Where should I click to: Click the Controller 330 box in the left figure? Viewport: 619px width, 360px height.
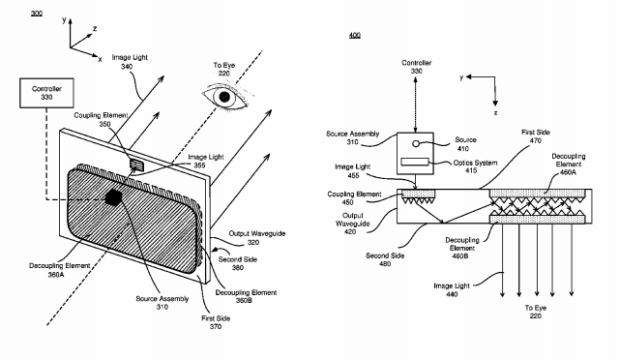point(46,93)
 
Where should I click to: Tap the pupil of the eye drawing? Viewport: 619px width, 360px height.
point(224,97)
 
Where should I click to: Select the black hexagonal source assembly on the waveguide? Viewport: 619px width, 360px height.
point(114,196)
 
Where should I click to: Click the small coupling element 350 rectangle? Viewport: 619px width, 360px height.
point(136,164)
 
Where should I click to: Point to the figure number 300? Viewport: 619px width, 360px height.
point(37,14)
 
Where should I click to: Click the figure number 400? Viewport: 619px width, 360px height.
point(355,35)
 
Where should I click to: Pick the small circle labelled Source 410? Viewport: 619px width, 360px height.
point(416,143)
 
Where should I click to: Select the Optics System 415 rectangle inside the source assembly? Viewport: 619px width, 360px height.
point(415,162)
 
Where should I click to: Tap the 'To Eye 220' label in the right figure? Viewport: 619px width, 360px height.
point(536,312)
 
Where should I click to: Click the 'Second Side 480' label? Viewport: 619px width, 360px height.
point(385,259)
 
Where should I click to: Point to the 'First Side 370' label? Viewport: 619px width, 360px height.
point(216,322)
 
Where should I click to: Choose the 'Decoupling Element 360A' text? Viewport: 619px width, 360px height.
point(54,270)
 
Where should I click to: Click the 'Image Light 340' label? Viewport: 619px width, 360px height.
point(130,62)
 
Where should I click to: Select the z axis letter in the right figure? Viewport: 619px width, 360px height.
point(495,113)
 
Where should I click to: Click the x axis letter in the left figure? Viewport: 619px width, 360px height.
point(101,59)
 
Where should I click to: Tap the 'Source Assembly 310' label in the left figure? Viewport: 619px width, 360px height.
point(162,303)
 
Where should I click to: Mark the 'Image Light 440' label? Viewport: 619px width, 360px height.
point(452,290)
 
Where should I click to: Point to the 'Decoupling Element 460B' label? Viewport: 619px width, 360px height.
point(462,248)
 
